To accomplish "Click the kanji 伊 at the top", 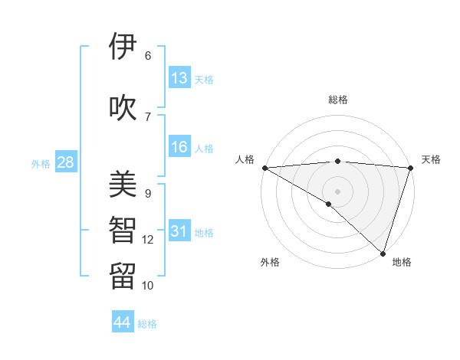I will [x=123, y=47].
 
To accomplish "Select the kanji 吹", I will [x=123, y=108].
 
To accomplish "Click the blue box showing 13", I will [x=179, y=78].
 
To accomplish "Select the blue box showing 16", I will [x=179, y=147].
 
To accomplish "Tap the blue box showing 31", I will [x=179, y=231].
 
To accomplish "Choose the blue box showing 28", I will [x=65, y=162].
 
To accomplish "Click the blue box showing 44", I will [x=123, y=322].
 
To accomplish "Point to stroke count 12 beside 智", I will [x=148, y=240].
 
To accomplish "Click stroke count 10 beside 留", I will [x=148, y=286].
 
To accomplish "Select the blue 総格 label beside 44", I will [x=147, y=324].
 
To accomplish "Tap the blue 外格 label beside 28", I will [x=41, y=163].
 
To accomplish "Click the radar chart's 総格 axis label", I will [x=337, y=100].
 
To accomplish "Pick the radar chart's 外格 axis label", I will [x=270, y=263].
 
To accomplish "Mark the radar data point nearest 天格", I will [x=410, y=168].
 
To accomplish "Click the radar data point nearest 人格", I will [x=264, y=168].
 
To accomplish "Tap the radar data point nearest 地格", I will [x=383, y=253].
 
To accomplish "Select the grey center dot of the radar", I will [x=337, y=191].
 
